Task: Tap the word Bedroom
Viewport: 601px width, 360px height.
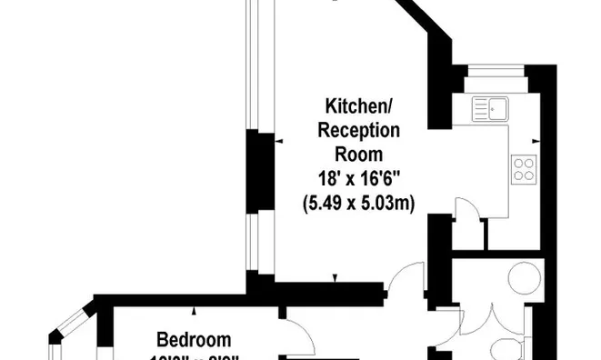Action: [x=193, y=340]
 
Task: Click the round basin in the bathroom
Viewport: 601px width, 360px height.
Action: [x=525, y=276]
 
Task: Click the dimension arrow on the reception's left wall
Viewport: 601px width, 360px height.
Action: [x=278, y=142]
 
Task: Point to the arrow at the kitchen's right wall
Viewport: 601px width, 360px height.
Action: [x=536, y=142]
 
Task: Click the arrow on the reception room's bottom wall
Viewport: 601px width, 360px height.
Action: [x=336, y=278]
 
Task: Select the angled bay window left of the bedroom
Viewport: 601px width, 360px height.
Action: [x=68, y=332]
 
